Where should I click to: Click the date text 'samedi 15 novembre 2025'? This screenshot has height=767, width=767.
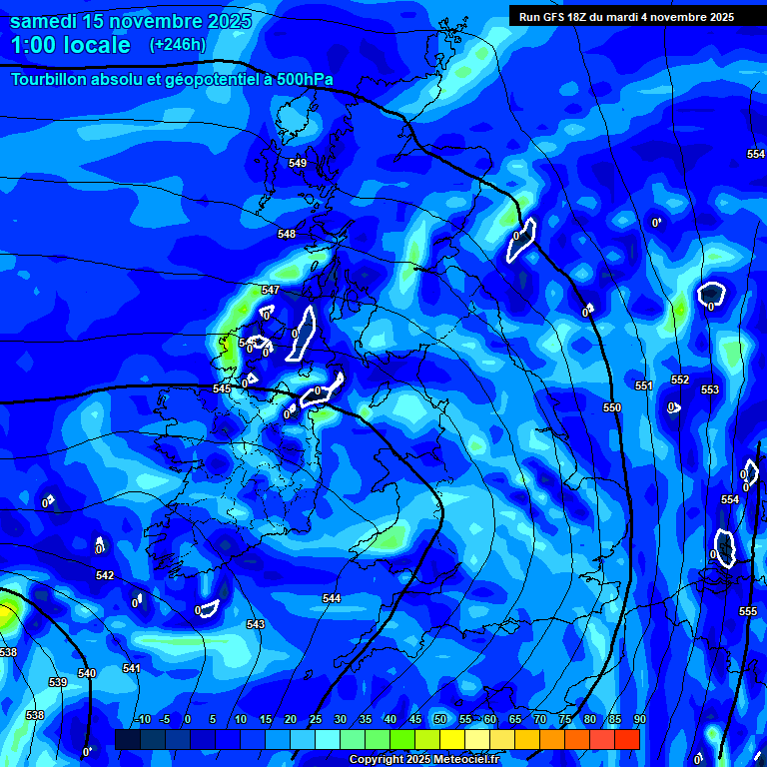[131, 21]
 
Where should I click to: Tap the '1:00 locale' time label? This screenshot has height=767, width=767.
[71, 45]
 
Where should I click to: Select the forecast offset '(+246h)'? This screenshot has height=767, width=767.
[178, 45]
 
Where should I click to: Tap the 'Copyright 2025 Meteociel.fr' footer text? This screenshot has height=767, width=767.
[423, 760]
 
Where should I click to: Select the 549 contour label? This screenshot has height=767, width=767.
[298, 163]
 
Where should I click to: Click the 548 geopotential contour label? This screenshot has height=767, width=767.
[287, 234]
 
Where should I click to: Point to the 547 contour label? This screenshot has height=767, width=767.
[271, 290]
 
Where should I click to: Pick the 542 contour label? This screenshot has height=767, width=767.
[105, 575]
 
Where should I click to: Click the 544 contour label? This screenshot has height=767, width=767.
[332, 598]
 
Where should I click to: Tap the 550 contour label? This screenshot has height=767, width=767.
[612, 407]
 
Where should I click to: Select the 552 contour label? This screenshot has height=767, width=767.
[680, 380]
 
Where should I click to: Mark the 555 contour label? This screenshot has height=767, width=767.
[748, 611]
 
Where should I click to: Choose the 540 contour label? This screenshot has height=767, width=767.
[87, 673]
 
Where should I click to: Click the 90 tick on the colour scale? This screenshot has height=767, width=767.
[639, 719]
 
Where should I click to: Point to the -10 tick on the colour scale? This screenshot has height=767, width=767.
[144, 719]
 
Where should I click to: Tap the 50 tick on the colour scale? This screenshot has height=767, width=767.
[440, 719]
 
